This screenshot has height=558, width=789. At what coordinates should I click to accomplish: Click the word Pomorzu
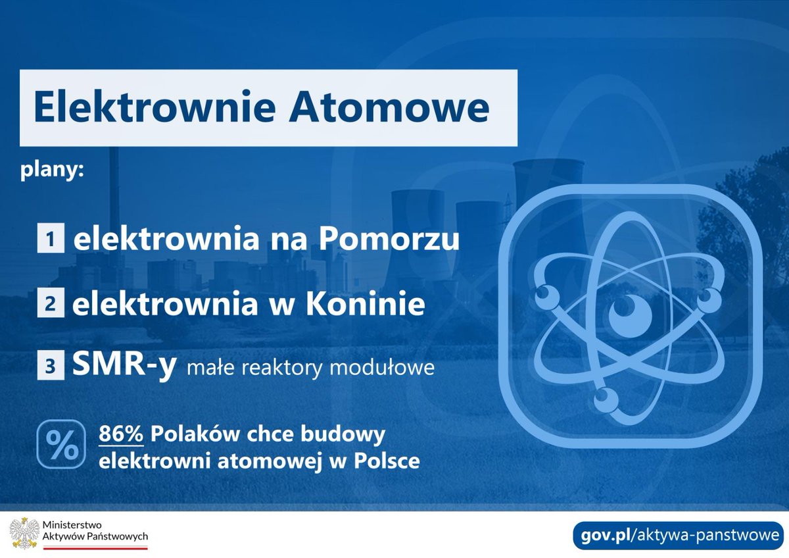point(389,240)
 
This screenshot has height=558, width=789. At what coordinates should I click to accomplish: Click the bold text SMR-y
point(124,365)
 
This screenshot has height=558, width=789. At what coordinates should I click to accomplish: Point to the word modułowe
point(391,367)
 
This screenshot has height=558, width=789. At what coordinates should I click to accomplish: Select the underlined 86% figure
point(121,435)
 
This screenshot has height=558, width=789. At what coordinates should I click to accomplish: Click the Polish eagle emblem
point(23,533)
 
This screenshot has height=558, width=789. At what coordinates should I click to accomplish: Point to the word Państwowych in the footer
point(118,538)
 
